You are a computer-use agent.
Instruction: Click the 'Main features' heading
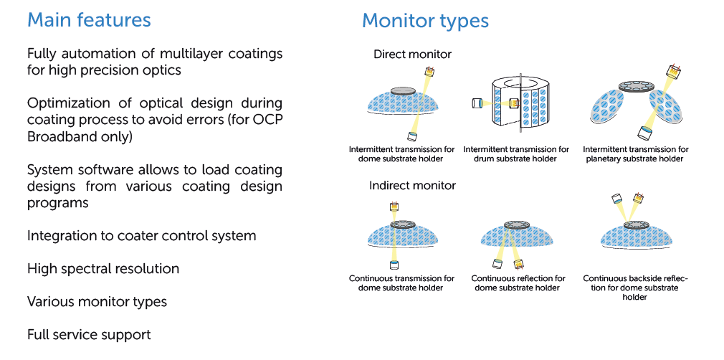[89, 20]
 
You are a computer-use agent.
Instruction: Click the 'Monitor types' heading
[425, 21]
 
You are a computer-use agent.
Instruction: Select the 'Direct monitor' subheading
[412, 55]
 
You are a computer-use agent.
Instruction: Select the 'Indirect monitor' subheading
[412, 186]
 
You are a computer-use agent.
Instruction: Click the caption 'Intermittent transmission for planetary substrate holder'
[635, 154]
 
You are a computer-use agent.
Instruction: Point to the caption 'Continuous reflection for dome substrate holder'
[518, 283]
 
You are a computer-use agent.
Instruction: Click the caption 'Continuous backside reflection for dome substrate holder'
[635, 287]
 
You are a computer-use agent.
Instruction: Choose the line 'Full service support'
[89, 335]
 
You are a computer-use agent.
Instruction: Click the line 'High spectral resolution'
[103, 269]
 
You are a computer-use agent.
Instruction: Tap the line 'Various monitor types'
[97, 302]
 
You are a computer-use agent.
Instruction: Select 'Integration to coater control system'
[141, 236]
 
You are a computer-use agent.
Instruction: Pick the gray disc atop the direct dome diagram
[402, 91]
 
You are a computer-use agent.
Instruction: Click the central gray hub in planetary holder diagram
[634, 85]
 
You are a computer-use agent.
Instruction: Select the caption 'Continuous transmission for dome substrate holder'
[401, 283]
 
